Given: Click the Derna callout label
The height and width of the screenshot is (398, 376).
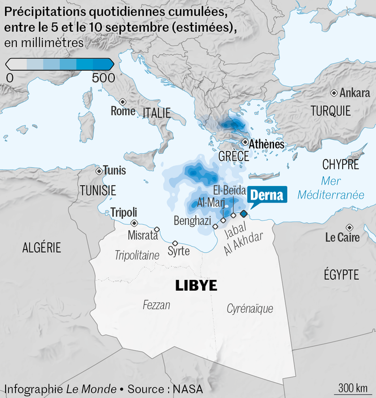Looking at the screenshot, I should click(267, 195).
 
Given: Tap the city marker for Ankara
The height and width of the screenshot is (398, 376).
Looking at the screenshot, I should click(334, 93).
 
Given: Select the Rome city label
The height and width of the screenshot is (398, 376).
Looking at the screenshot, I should click(123, 111).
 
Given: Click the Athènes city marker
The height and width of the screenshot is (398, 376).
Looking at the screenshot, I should click(245, 142).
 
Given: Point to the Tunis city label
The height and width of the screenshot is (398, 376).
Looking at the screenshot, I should click(114, 171).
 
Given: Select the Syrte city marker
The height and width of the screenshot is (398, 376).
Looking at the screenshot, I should click(175, 243).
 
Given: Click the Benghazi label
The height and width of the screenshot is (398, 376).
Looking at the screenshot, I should click(192, 220).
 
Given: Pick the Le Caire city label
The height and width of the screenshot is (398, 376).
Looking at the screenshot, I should click(342, 237).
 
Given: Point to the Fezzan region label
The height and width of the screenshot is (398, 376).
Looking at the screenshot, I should click(156, 305).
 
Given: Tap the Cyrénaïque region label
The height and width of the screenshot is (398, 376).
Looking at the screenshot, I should click(250, 309).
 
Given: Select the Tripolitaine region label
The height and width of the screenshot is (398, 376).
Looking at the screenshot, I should click(137, 256).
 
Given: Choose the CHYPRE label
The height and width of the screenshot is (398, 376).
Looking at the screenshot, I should click(340, 165).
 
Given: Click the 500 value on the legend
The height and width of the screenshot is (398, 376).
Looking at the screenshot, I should click(103, 77).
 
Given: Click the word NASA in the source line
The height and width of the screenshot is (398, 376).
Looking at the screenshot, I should click(187, 389).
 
